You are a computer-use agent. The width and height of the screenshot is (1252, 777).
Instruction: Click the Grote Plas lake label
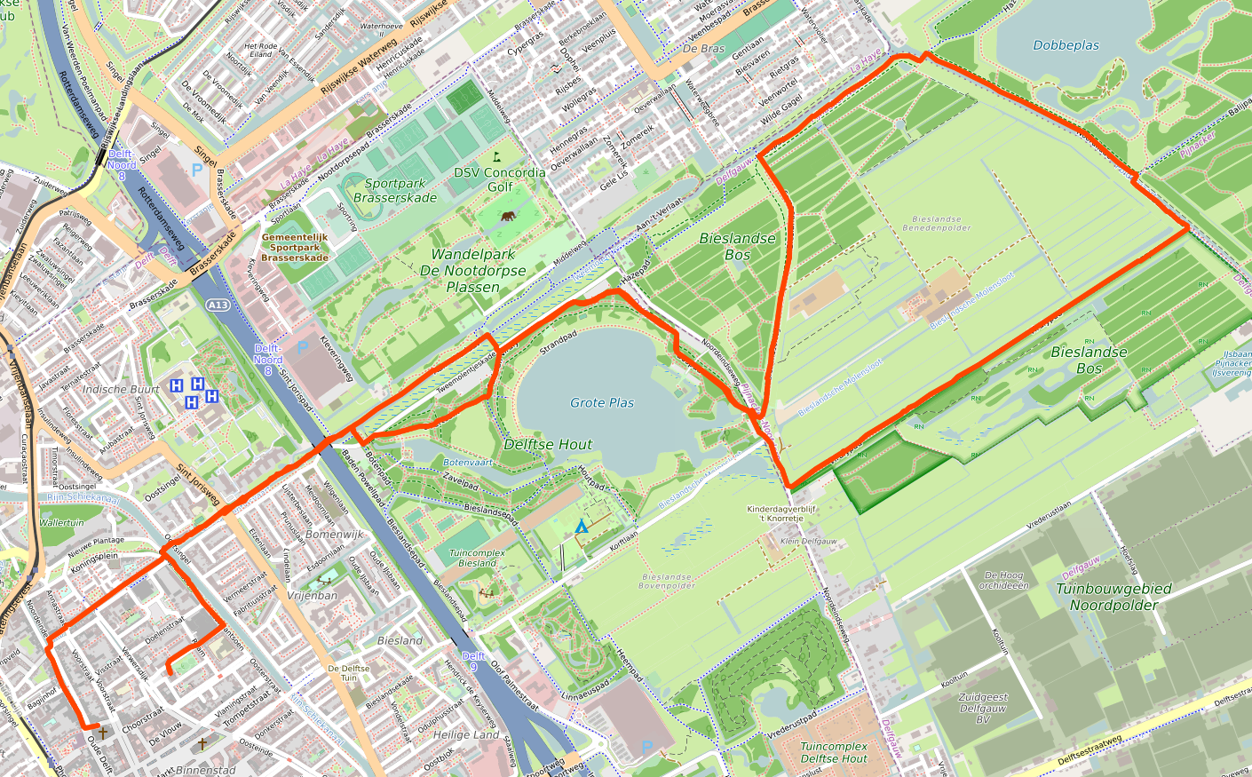click(x=602, y=403)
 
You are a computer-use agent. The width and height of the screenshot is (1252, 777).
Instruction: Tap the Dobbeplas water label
click(x=1066, y=45)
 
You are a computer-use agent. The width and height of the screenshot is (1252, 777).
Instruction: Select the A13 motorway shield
click(x=218, y=305)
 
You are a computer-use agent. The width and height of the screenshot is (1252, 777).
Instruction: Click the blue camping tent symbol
click(x=582, y=527)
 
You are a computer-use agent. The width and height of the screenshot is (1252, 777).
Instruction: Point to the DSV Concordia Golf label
click(x=500, y=179)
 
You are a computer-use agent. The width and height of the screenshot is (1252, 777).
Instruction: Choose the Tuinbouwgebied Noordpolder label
click(x=1113, y=597)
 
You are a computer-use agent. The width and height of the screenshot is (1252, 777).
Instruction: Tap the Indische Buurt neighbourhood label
click(x=121, y=390)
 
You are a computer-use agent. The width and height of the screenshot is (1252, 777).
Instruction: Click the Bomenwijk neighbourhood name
click(x=334, y=535)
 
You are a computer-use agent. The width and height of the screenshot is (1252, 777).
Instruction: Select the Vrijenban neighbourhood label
click(x=312, y=596)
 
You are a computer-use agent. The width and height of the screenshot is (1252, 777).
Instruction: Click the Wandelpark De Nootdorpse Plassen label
click(x=472, y=271)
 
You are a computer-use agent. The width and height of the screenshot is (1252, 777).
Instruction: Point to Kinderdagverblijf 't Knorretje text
click(x=774, y=513)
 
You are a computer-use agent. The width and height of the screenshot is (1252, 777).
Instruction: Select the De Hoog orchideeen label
click(x=1003, y=581)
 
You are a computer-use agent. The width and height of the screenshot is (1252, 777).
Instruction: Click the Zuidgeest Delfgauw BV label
click(x=983, y=709)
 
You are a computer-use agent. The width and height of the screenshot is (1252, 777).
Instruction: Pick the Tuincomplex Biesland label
click(x=478, y=558)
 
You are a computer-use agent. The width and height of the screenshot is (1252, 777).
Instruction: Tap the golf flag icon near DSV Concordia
click(x=496, y=156)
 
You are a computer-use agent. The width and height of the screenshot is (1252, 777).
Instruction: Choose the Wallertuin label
click(x=61, y=523)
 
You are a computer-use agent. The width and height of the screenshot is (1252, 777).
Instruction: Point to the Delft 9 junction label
click(x=475, y=662)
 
